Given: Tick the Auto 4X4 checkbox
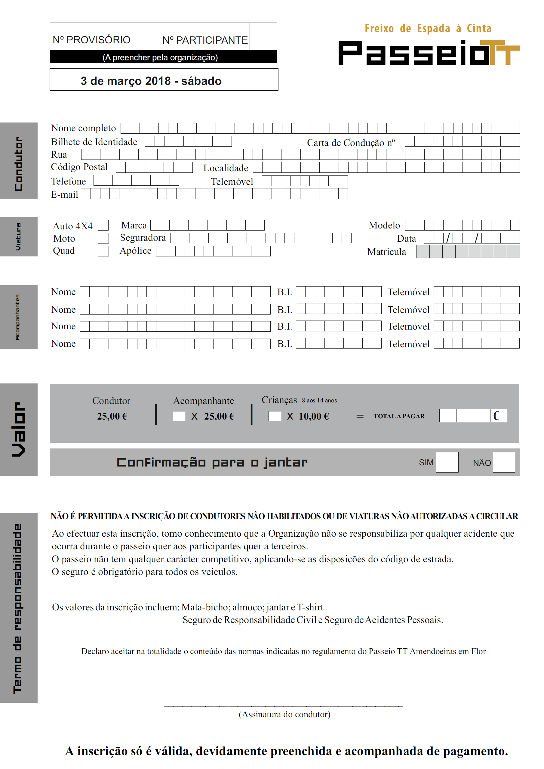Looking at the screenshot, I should [x=103, y=225].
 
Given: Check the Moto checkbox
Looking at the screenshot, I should [x=103, y=238].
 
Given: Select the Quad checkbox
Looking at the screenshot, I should [x=103, y=251].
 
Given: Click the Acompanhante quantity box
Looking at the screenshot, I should [x=179, y=416].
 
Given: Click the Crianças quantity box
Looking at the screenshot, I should [x=275, y=416].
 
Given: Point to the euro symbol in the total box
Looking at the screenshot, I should [x=496, y=416].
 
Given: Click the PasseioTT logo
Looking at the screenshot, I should [x=429, y=53].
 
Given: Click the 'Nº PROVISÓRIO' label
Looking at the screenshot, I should [x=91, y=40].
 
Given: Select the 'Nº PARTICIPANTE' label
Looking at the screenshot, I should [x=205, y=40].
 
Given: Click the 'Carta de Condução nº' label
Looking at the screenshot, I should [x=351, y=143].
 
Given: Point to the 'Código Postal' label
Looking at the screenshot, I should [x=79, y=167].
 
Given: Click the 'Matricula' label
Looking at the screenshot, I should [x=386, y=252].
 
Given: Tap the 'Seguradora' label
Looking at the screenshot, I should [x=143, y=238].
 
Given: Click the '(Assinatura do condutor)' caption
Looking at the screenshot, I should [x=284, y=714].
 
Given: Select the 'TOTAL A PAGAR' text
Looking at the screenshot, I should [x=399, y=416].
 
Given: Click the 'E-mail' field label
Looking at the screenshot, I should [x=64, y=194].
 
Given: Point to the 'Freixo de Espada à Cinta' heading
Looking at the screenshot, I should [x=428, y=29].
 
